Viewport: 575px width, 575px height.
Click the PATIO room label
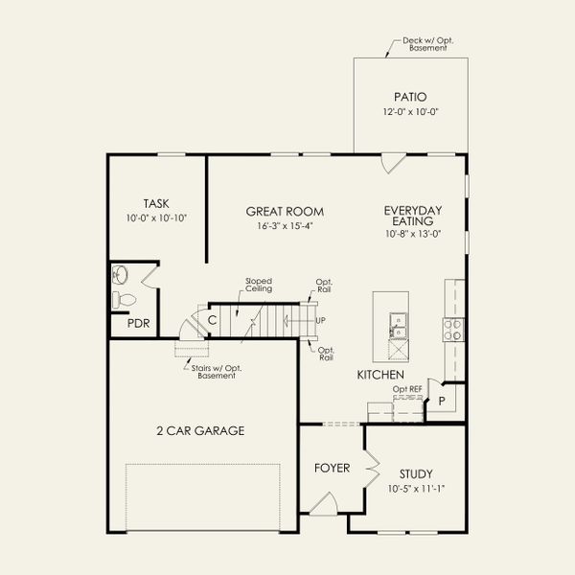point(410,97)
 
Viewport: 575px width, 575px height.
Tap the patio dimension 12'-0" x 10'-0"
point(411,112)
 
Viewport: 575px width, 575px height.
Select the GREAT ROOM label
point(285,212)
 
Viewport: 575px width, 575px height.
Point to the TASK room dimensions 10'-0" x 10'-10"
point(156,218)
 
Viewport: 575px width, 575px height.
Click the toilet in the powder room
point(124,300)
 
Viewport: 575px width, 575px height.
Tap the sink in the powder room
point(120,275)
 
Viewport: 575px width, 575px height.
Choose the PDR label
point(139,324)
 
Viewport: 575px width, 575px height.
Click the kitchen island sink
point(398,325)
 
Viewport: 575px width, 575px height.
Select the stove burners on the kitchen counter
point(453,330)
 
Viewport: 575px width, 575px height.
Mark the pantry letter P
point(442,402)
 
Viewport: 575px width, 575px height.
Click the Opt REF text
point(407,389)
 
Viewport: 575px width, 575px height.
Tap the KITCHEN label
point(380,375)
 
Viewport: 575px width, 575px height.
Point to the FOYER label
point(333,468)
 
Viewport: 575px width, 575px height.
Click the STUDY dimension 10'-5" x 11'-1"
point(416,489)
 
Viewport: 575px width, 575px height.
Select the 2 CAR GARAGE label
point(200,430)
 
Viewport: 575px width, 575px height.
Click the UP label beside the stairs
point(320,320)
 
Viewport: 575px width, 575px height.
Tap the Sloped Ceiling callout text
point(259,285)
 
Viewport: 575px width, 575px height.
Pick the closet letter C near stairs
point(212,320)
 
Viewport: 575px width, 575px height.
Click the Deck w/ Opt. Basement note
point(428,44)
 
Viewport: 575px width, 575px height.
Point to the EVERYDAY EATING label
point(413,216)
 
